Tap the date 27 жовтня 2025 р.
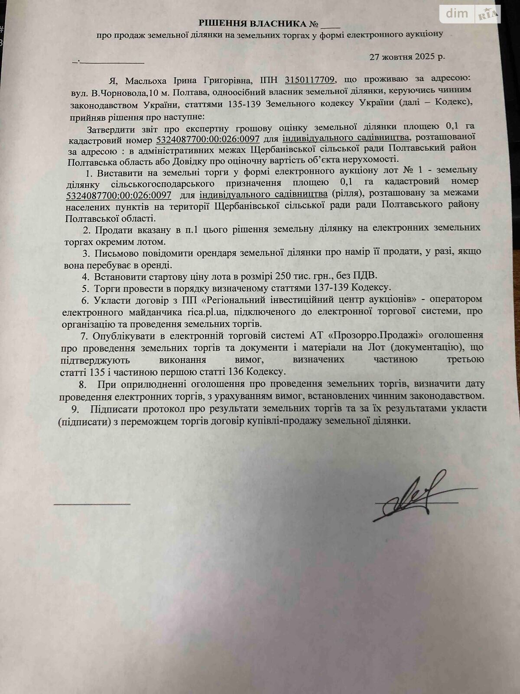coord(407,56)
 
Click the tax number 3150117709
coord(309,80)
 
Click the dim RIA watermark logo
coord(470,14)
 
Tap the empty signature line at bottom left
coord(92,504)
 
